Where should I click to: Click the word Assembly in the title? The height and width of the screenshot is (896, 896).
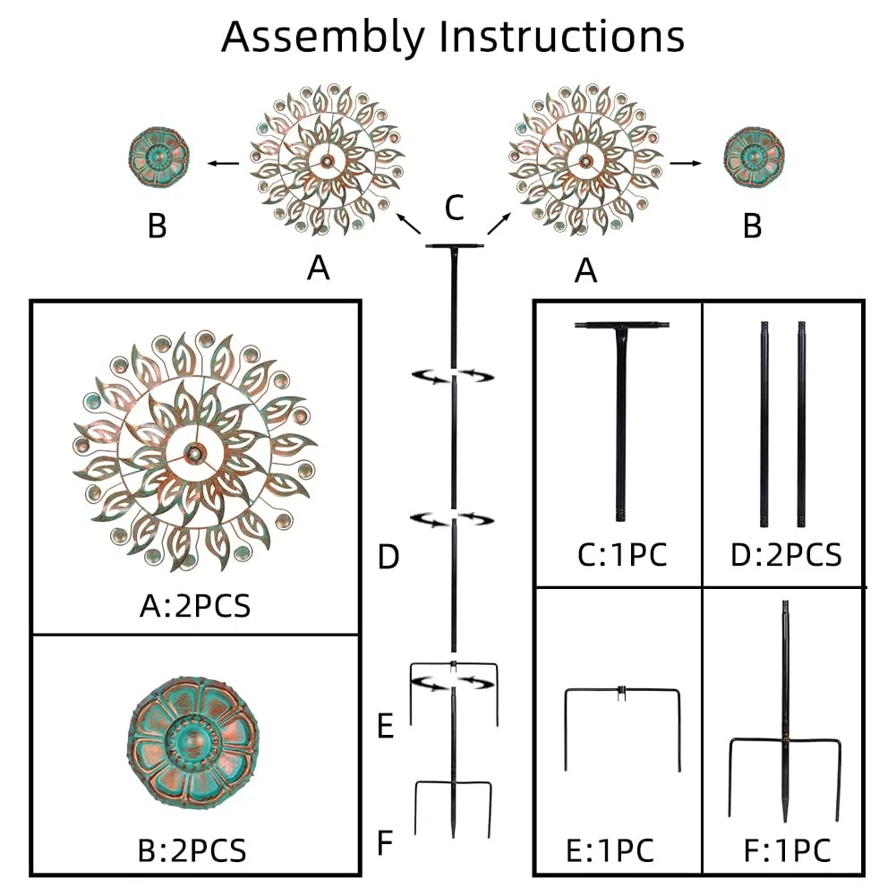[323, 37]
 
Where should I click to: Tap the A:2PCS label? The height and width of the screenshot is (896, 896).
[195, 606]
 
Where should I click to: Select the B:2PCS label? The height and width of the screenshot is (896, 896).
[192, 850]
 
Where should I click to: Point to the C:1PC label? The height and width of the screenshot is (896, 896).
[622, 554]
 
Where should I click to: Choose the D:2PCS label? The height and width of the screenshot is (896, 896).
[786, 554]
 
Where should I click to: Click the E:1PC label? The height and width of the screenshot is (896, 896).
[610, 851]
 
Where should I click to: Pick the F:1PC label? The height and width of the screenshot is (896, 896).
[787, 851]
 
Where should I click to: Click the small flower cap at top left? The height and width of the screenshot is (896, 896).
[158, 157]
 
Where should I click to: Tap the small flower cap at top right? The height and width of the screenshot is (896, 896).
[754, 157]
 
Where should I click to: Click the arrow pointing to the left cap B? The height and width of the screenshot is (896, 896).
[224, 164]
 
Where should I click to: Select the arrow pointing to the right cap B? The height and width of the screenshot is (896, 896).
[686, 164]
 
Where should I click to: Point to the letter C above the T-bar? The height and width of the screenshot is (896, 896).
[455, 208]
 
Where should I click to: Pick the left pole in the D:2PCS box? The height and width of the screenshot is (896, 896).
[764, 424]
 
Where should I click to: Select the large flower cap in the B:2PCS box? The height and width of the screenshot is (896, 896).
[193, 742]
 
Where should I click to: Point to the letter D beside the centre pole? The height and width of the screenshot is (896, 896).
[388, 556]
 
